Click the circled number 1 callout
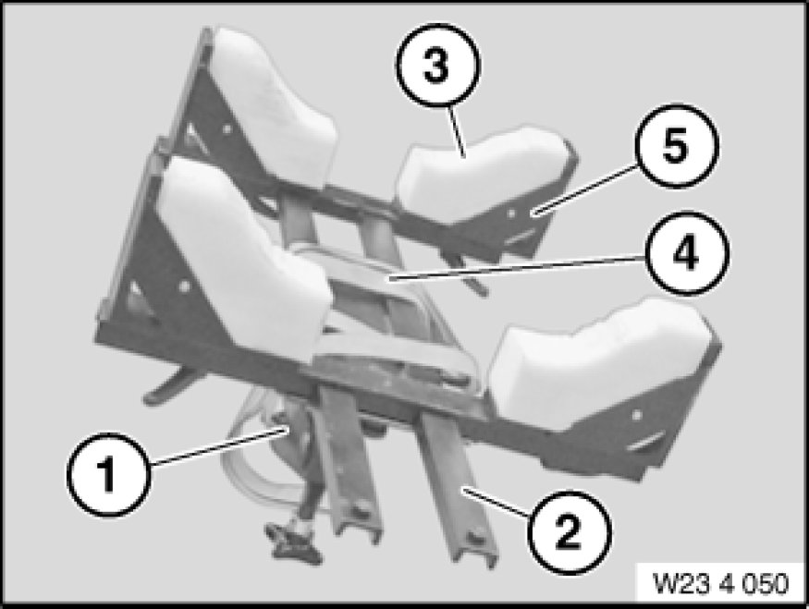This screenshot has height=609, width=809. coord(109,474)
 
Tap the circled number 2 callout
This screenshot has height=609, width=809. coord(570,532)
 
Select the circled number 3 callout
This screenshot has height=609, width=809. coord(438,66)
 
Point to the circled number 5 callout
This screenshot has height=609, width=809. coord(677,146)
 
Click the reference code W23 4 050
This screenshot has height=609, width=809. coord(721,583)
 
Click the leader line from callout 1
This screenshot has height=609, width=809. coord(215,447)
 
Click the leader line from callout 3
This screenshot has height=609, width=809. coord(455,130)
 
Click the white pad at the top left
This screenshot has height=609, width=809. coord(274,104)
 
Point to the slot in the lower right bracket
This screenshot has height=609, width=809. coord(645,441)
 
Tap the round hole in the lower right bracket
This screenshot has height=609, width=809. coord(637,414)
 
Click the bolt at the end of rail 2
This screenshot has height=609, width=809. coord(473,539)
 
